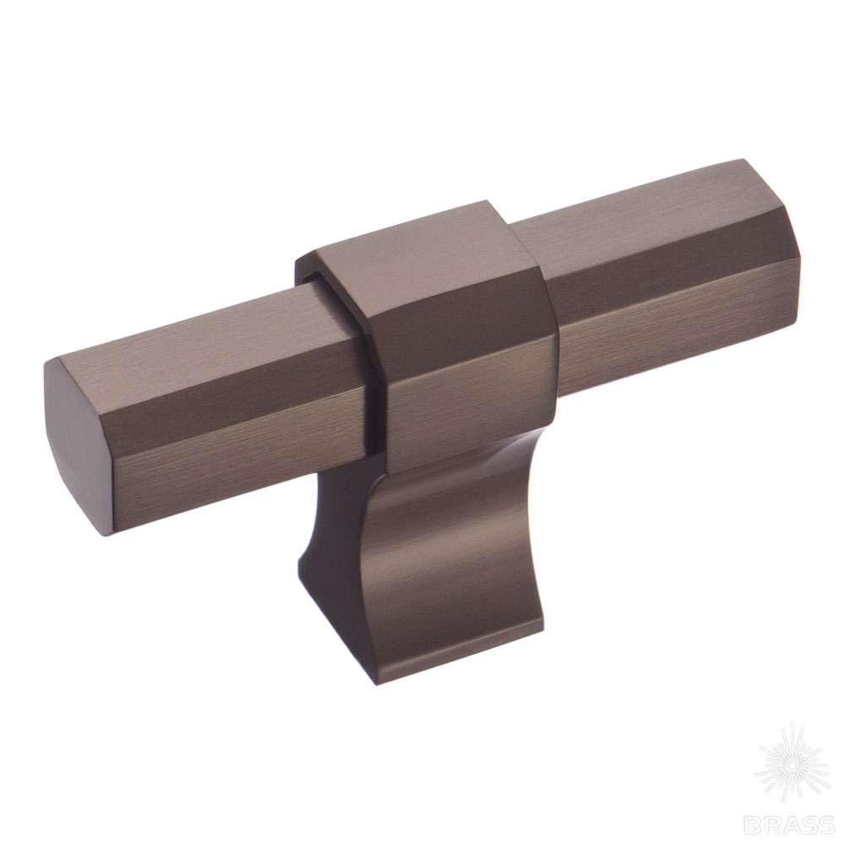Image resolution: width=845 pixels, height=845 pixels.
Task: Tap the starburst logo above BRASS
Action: (792, 766)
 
